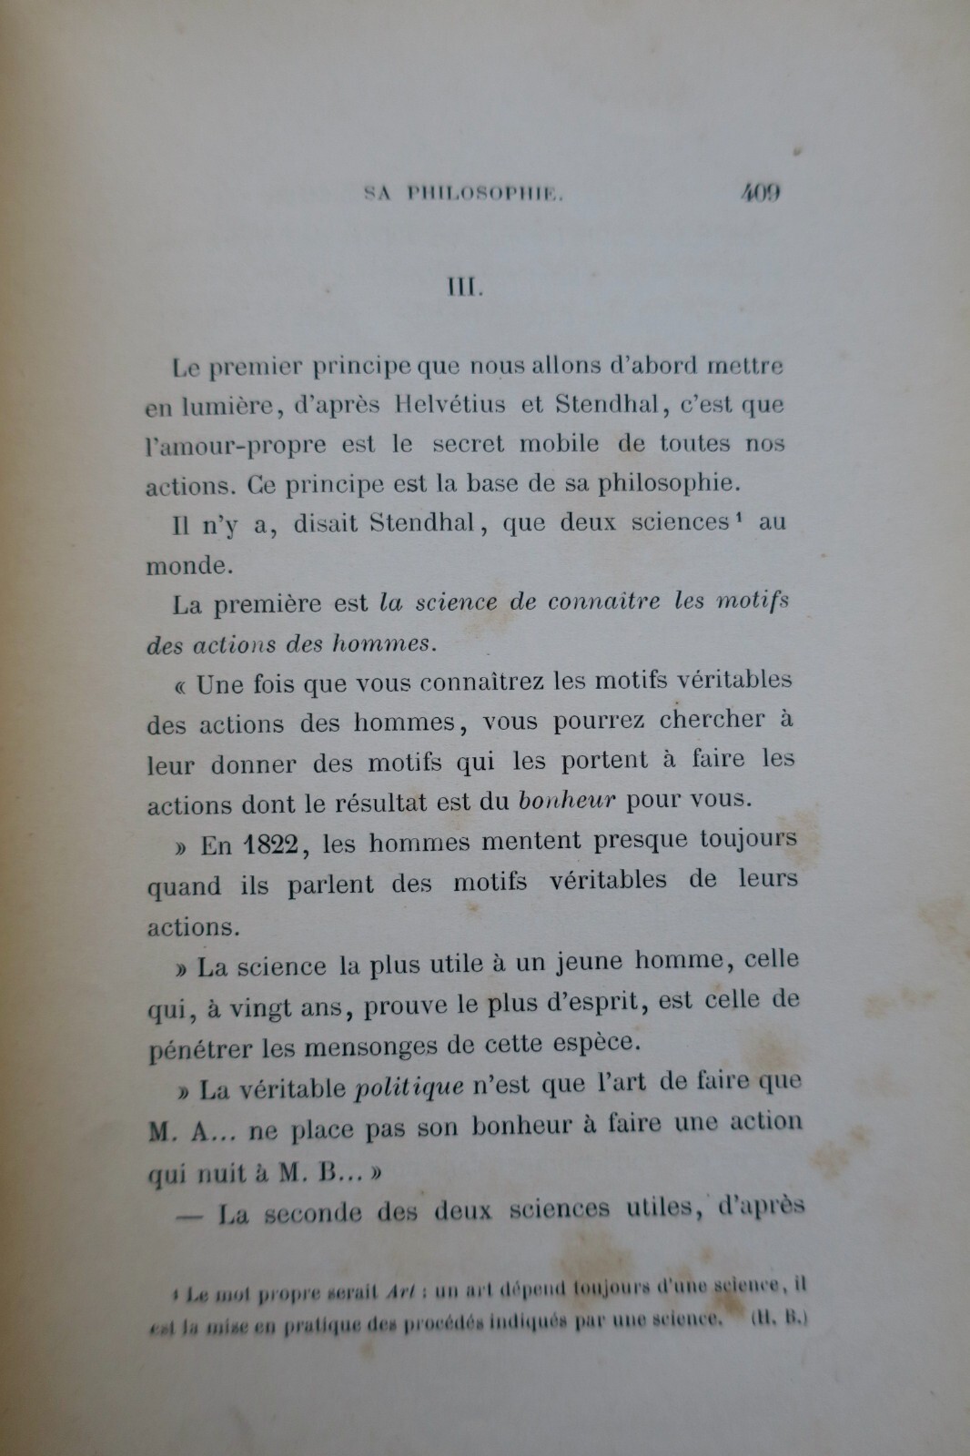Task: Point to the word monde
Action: pos(185,564)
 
